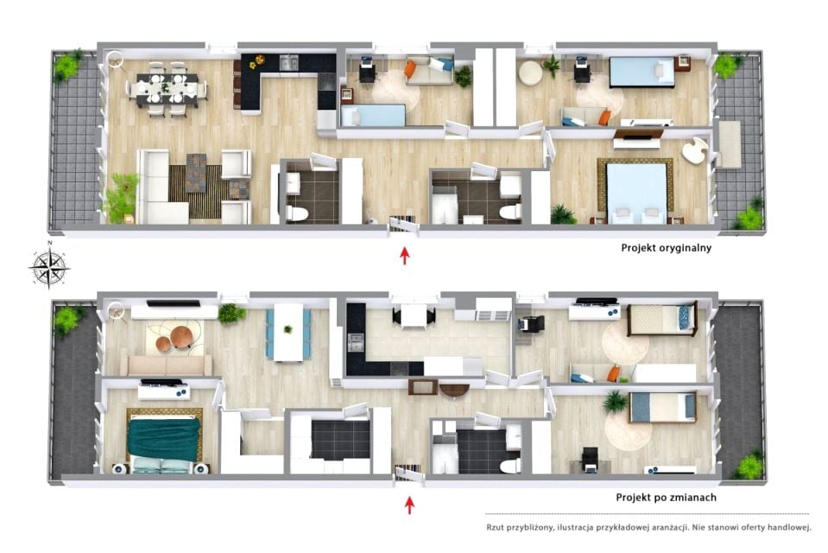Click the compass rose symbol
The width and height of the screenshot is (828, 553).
click(49, 267)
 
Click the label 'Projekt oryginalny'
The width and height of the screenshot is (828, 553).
click(666, 248)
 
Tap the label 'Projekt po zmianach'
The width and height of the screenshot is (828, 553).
click(666, 498)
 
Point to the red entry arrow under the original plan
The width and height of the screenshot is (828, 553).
click(404, 256)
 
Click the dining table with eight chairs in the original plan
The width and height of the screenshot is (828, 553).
click(167, 89)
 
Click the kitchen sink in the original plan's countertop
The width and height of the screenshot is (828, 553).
click(288, 62)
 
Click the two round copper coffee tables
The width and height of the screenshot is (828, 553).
click(176, 339)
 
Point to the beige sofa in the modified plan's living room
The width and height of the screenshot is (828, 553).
click(167, 365)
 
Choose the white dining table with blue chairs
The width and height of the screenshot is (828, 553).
click(288, 333)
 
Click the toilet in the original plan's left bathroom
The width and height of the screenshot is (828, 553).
click(297, 213)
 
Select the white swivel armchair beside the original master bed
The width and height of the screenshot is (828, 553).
click(694, 150)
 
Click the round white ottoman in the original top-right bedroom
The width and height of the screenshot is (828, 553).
click(530, 73)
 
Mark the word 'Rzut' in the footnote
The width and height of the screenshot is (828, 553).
click(495, 527)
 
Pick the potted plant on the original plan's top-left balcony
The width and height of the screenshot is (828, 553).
click(67, 65)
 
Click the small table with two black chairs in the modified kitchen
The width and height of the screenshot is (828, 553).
click(414, 316)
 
